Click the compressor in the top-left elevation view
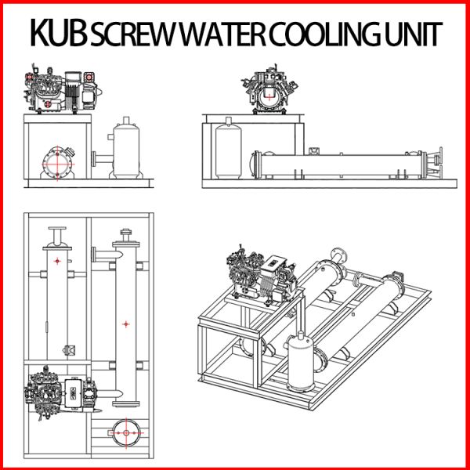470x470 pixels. (61, 90)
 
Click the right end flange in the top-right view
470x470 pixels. (439, 164)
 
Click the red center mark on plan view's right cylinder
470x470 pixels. (125, 323)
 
